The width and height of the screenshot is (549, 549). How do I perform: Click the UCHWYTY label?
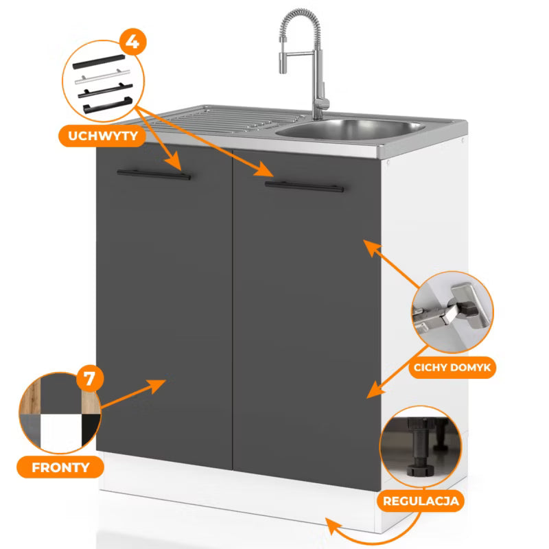pos(102,136)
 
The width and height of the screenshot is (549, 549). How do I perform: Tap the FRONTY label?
pos(60,467)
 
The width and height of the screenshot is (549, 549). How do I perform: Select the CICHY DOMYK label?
pos(452,368)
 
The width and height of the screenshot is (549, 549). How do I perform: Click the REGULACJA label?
pos(421,501)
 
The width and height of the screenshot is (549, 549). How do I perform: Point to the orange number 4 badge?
pos(132,42)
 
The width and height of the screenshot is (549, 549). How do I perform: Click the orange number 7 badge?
pos(90,379)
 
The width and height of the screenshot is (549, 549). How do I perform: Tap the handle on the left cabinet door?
pos(154,174)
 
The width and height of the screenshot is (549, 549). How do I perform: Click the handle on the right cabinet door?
pos(304,187)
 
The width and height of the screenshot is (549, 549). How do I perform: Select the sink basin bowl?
pos(351,129)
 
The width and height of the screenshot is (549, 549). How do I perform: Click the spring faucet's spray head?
pos(283,62)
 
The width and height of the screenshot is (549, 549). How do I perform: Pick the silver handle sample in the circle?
pos(102,77)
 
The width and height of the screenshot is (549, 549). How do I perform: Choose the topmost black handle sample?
pos(99,62)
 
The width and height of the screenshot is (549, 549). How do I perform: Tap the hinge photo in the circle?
pos(452,312)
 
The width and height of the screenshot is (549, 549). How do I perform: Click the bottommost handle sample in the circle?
pos(108,105)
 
